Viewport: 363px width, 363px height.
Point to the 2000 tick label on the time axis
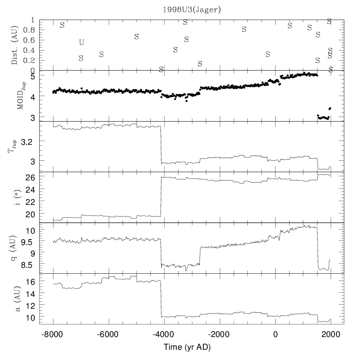click(x=331, y=334)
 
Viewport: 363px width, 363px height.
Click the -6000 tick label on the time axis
click(x=107, y=334)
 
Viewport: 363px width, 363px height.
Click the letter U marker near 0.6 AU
click(x=82, y=42)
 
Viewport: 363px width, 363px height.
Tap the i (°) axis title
click(x=18, y=197)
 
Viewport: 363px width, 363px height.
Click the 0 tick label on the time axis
click(x=275, y=334)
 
